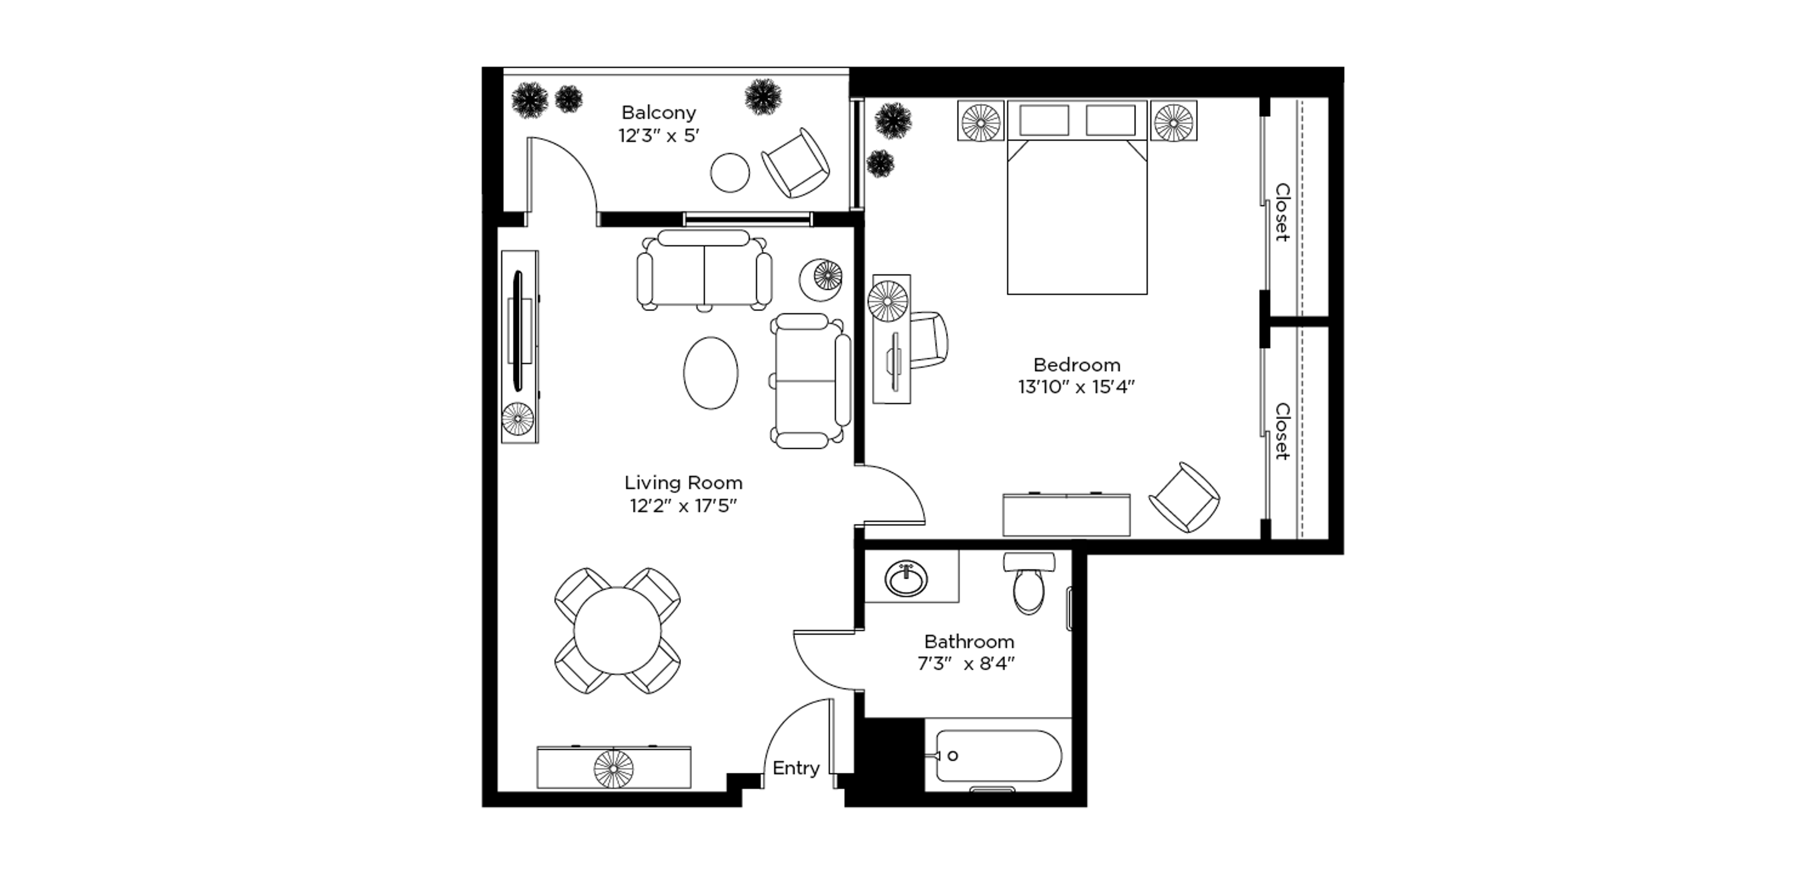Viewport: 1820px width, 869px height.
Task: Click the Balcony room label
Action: coord(658,112)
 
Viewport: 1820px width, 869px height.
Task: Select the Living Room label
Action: coord(683,483)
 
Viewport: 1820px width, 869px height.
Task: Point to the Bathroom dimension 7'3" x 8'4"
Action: coord(966,663)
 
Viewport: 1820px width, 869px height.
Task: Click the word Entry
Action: coord(796,768)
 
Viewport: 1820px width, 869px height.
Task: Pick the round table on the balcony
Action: coord(730,173)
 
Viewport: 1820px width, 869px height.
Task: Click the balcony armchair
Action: coord(796,163)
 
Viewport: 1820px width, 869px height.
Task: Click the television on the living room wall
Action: coord(518,330)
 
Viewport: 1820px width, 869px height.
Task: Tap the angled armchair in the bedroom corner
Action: coord(1184,497)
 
